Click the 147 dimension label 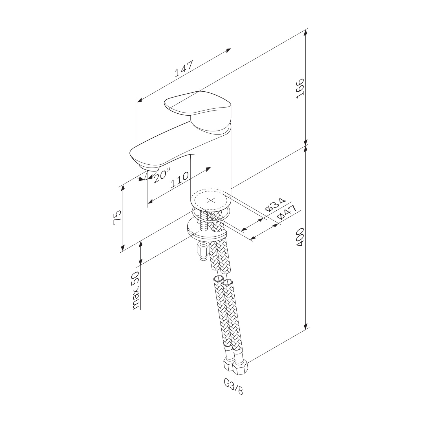(184, 69)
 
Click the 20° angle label (162, 175)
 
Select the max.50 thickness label (136, 290)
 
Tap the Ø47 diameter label (287, 213)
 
